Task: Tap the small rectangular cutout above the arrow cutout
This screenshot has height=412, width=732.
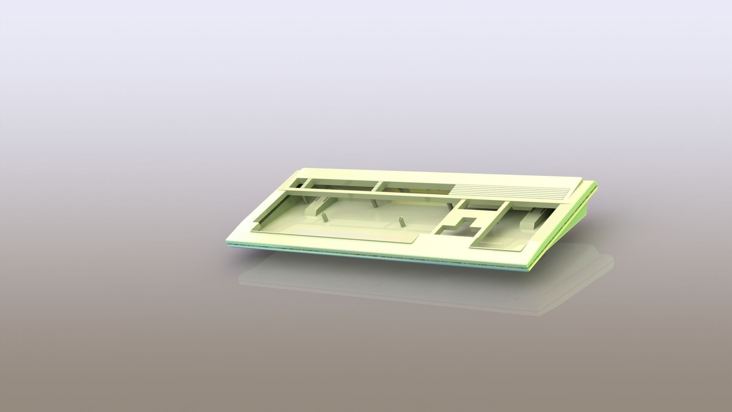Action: (480, 206)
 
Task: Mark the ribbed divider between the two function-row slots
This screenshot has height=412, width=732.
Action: (379, 186)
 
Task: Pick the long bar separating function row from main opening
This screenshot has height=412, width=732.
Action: (366, 193)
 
